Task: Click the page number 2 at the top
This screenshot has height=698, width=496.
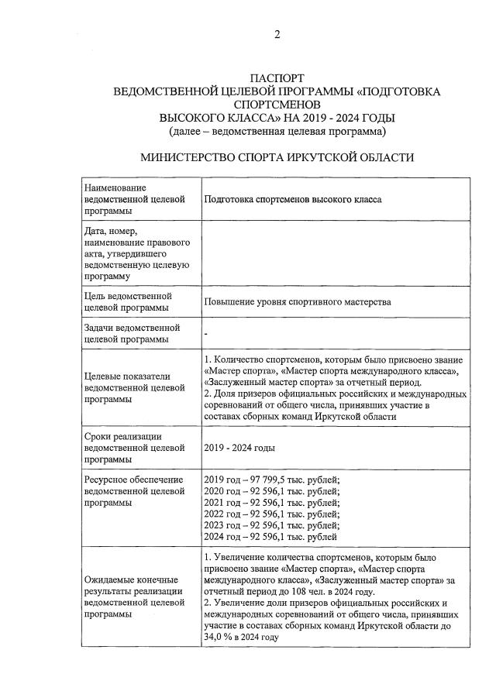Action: point(277,34)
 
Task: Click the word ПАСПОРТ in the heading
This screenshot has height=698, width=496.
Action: point(277,78)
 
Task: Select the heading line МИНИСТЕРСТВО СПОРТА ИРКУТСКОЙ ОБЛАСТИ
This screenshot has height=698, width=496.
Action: point(277,157)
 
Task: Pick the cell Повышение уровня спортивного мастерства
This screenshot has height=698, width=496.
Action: point(298,301)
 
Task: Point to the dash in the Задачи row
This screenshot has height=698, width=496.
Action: point(206,333)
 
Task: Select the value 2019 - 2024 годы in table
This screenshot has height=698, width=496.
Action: point(239,448)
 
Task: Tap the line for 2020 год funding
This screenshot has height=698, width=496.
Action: point(271,491)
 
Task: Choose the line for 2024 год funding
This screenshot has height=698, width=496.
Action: point(270,536)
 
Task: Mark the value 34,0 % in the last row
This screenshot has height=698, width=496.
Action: point(219,637)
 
